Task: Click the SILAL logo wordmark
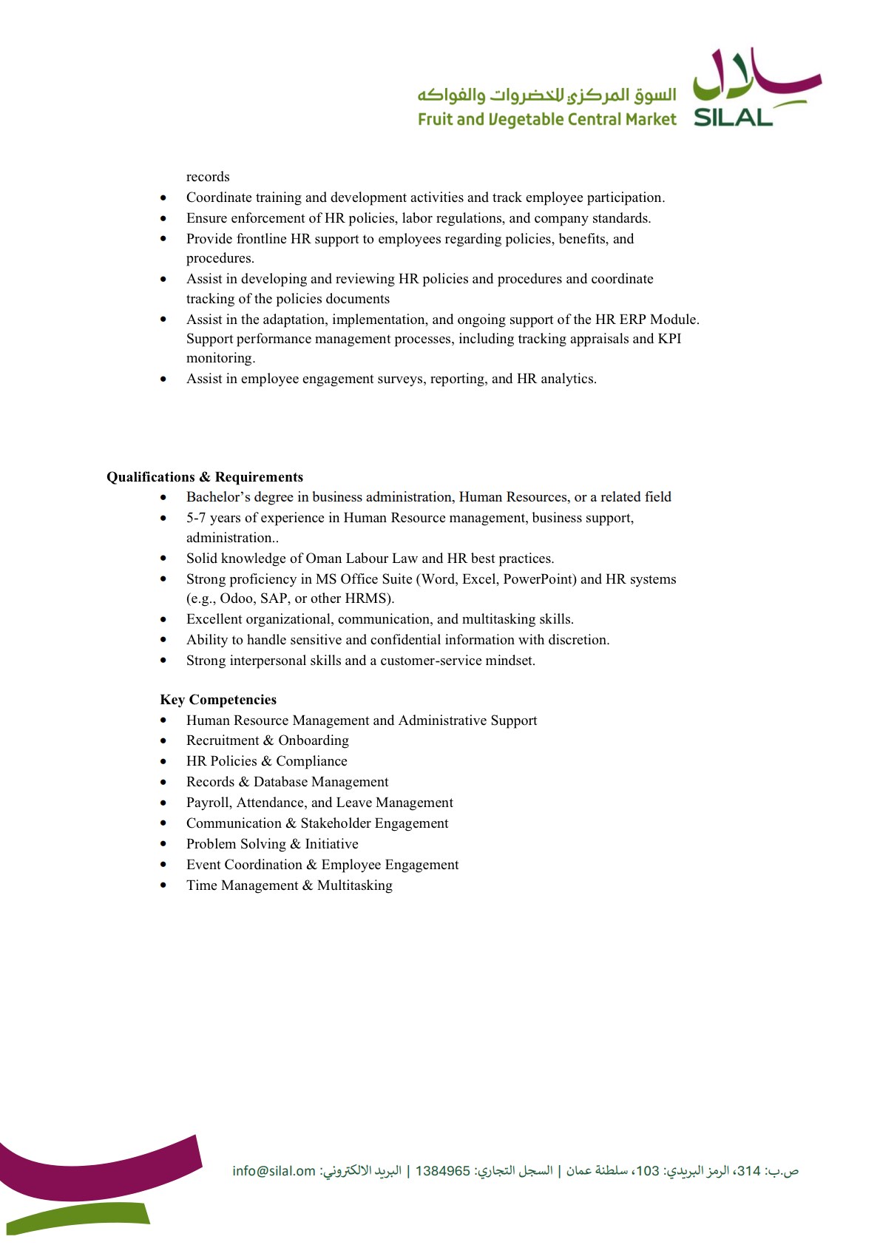pos(733,118)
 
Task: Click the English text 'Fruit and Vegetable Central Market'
pos(546,120)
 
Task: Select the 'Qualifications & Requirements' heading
pos(205,477)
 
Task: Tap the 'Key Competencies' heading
pos(218,700)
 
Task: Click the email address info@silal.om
pos(274,1171)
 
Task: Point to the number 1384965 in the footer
pos(442,1171)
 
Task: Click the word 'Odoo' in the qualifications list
pos(237,598)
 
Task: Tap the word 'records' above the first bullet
pos(208,177)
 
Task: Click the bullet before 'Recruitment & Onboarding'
pos(163,741)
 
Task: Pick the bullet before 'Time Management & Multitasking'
pos(163,886)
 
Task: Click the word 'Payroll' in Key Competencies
pos(208,803)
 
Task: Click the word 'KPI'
pos(670,339)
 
